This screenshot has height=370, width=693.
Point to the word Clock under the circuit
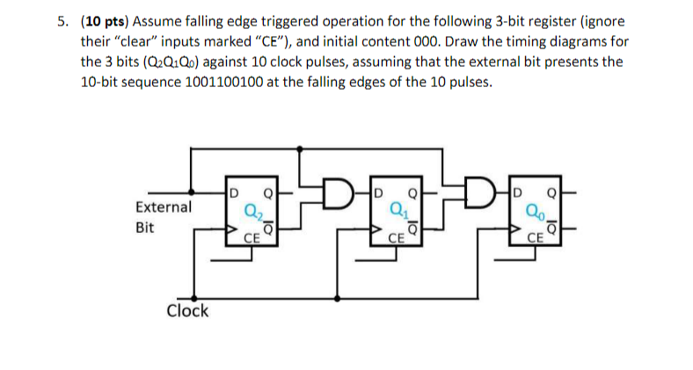pos(188,310)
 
